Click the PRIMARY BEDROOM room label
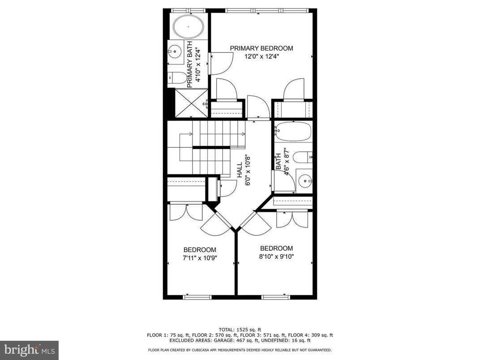tap(261, 48)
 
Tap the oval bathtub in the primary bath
tap(188, 27)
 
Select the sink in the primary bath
tap(175, 51)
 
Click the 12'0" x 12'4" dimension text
tap(261, 57)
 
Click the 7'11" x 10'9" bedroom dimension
tap(200, 258)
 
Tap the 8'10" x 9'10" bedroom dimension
tap(276, 257)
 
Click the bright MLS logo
tap(29, 349)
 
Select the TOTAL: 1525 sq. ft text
tap(240, 329)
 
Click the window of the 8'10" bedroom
tap(275, 297)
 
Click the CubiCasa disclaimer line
tap(240, 350)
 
